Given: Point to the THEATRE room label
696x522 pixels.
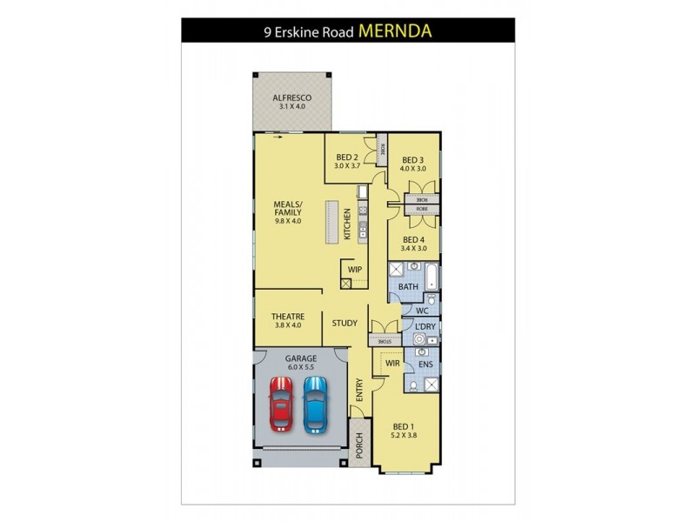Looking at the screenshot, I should tap(286, 316).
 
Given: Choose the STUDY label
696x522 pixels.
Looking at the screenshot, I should tap(345, 323).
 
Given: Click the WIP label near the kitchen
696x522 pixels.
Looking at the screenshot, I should tap(355, 270).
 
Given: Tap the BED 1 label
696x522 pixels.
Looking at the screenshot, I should tap(405, 426).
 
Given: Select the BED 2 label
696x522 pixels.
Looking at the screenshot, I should tap(347, 157).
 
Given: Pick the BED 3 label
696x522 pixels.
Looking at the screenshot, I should tap(412, 160).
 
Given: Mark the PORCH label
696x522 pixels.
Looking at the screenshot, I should tap(358, 445).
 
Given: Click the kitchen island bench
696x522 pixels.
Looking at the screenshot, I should tap(331, 223).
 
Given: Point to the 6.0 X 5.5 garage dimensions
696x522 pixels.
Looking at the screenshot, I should tap(300, 367).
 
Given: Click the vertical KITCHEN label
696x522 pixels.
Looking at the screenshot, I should tap(346, 224).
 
